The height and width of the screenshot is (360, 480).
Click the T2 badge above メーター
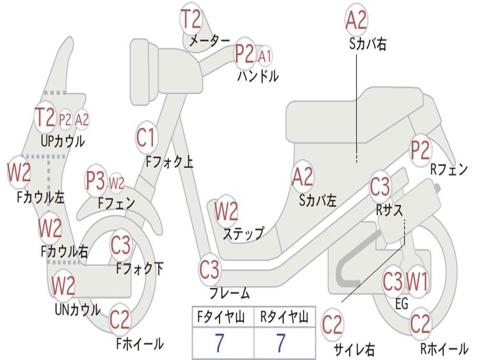191,20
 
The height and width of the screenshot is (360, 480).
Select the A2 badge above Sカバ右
356,20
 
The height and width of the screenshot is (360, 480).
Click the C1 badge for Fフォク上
146,137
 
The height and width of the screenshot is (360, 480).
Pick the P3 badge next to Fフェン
96,181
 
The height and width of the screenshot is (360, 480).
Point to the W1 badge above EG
417,282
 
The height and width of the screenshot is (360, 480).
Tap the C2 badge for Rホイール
420,323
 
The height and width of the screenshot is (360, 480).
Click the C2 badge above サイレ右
332,325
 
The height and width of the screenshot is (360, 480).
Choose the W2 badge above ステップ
226,211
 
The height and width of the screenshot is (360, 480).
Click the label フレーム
230,294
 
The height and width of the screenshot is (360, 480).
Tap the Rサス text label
390,210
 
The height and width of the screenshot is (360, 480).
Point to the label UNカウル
78,309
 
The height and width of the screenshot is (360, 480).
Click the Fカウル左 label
41,197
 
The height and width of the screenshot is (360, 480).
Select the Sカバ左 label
318,201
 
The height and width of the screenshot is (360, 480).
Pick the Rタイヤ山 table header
285,318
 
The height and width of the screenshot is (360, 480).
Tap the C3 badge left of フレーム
209,270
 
